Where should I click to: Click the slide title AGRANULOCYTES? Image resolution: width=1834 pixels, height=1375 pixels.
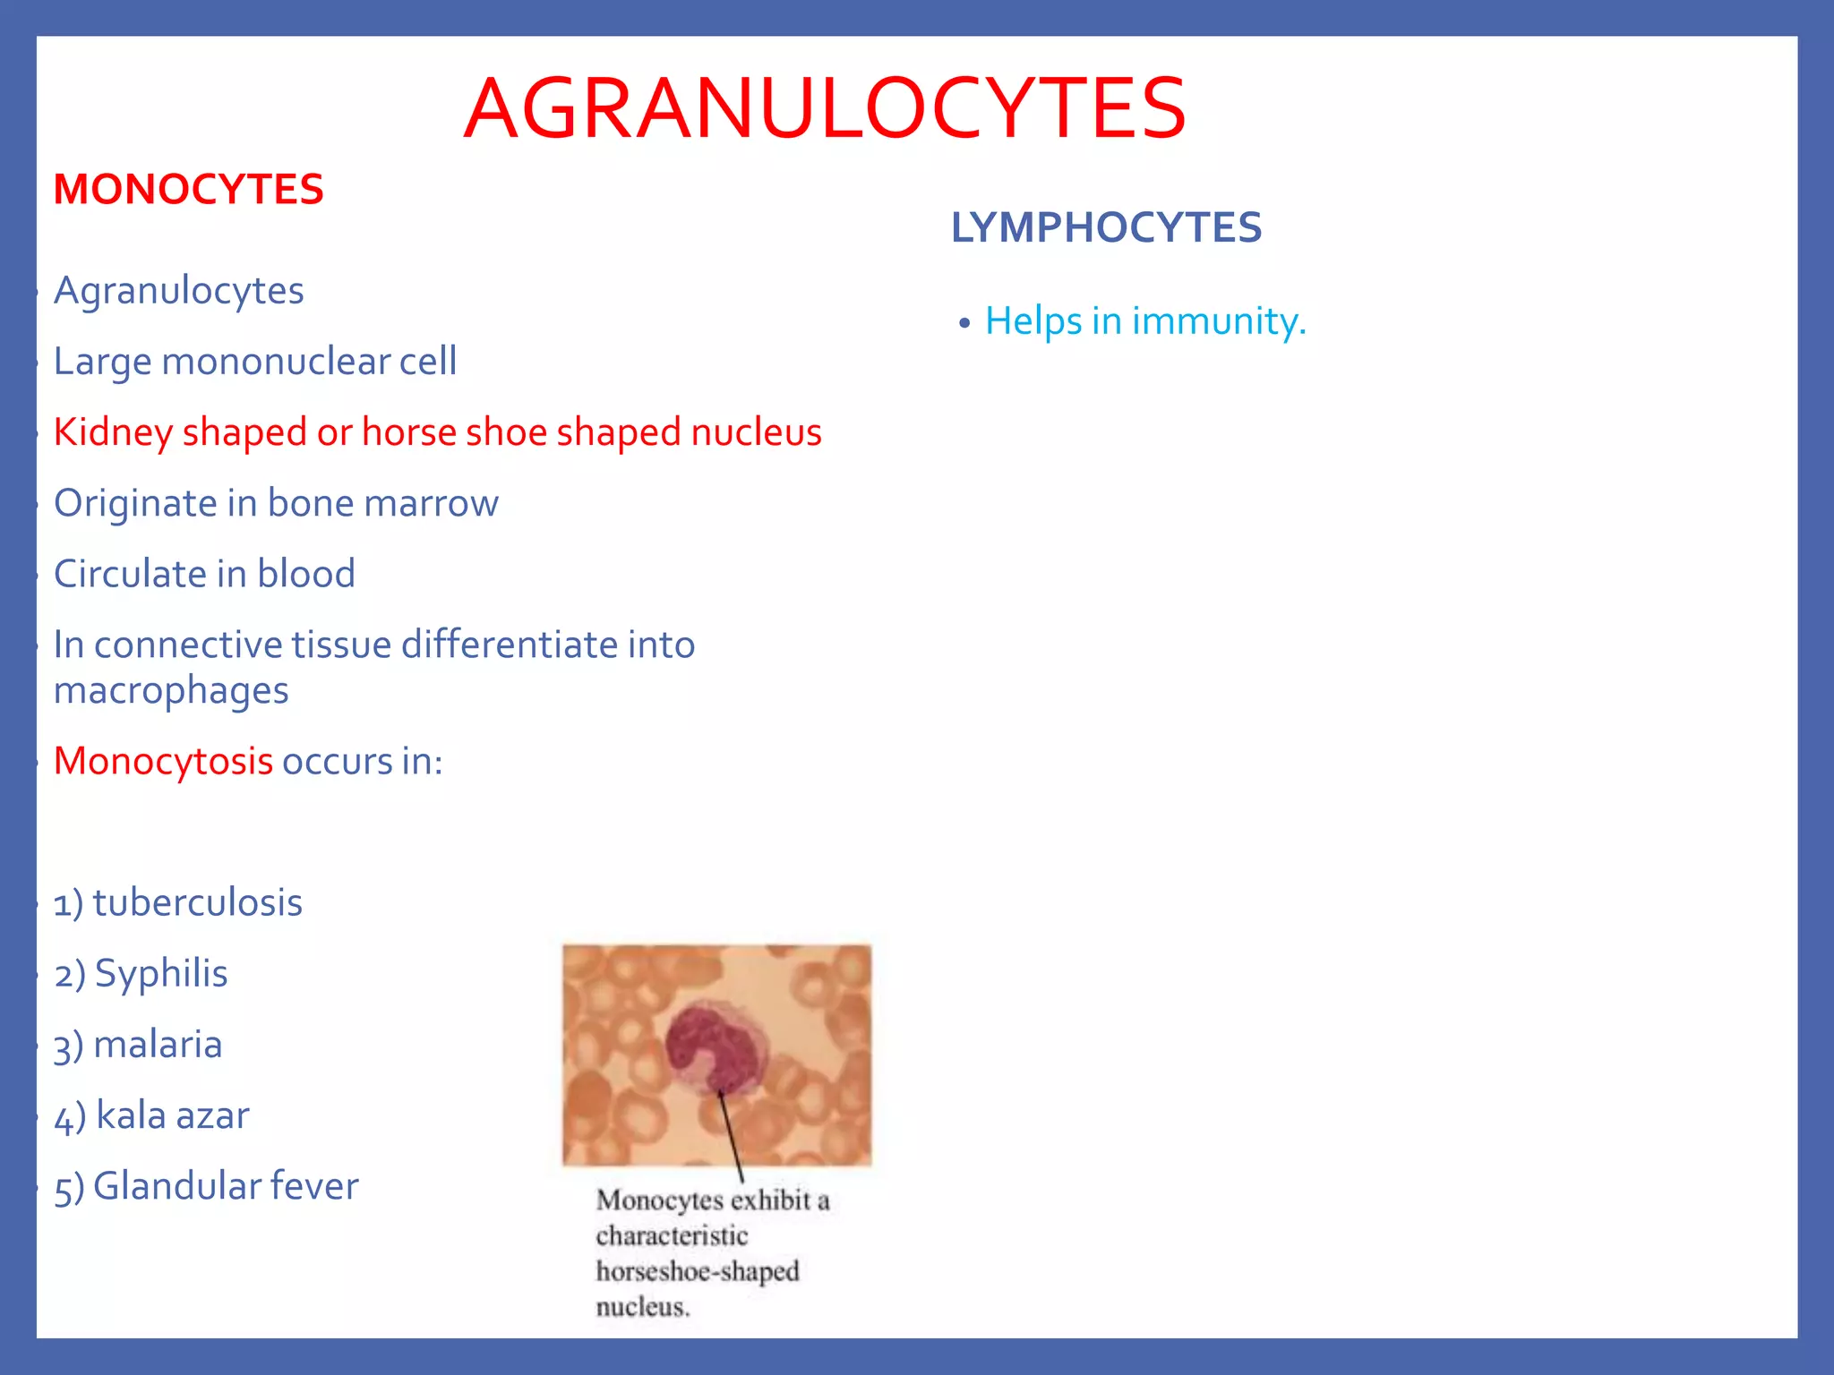[825, 109]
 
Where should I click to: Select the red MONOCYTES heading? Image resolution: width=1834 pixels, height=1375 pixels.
[188, 190]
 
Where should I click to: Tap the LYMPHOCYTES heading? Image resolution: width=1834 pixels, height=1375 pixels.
[1106, 227]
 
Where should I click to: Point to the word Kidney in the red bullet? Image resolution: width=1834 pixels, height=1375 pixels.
[113, 433]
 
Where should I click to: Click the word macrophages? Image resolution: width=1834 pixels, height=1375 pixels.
[171, 691]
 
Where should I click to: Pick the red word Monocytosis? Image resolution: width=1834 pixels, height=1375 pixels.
[163, 762]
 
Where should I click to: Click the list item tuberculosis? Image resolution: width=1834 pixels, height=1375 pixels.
[197, 903]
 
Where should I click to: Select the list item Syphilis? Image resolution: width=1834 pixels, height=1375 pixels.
[161, 974]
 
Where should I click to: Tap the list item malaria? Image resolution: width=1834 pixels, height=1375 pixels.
[158, 1045]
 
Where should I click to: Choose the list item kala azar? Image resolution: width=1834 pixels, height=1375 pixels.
[172, 1115]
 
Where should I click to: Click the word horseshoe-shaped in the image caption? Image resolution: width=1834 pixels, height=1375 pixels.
[698, 1271]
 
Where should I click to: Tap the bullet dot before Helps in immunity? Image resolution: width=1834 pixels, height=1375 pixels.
[964, 323]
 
